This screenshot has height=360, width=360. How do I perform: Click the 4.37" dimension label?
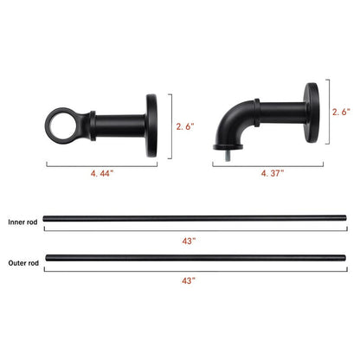coord(274,172)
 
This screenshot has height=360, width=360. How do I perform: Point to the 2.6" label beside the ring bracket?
coord(185,126)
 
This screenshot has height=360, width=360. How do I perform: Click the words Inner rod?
coord(22,222)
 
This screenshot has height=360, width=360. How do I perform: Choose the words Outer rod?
coord(22,263)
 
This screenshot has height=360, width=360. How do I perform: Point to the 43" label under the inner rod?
coord(188,241)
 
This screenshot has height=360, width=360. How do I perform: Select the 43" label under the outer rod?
coord(188,280)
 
